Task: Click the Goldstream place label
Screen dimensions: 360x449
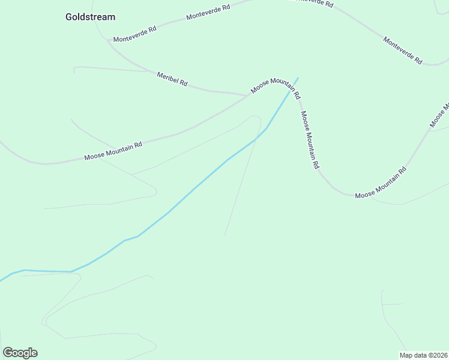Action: [x=90, y=17]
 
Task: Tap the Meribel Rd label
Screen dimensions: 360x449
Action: [x=172, y=79]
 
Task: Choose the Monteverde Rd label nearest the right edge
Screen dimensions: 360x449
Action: [x=403, y=51]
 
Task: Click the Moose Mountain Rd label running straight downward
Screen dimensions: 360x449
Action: [x=309, y=140]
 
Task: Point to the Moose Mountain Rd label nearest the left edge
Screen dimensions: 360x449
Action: [x=113, y=151]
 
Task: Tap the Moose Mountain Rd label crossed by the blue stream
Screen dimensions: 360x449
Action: [x=276, y=88]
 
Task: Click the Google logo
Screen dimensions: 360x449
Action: [x=20, y=353]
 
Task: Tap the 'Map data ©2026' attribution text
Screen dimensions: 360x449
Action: [x=424, y=355]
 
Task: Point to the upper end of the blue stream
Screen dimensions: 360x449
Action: [x=297, y=78]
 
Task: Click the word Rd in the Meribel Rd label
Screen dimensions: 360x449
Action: [x=182, y=83]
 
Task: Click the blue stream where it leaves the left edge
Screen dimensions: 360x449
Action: [x=1, y=280]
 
